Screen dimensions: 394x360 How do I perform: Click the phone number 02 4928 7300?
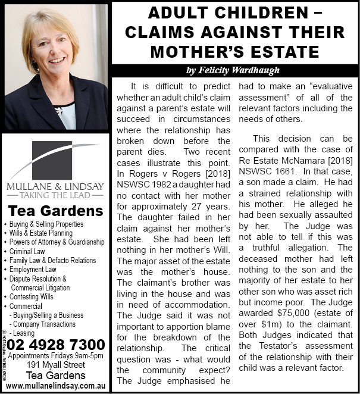tap(57, 345)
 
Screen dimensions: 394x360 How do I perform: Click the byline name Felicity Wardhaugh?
tap(233, 70)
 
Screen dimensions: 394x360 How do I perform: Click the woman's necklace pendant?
tap(58, 111)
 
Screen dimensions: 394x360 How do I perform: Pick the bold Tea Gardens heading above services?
tap(55, 211)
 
